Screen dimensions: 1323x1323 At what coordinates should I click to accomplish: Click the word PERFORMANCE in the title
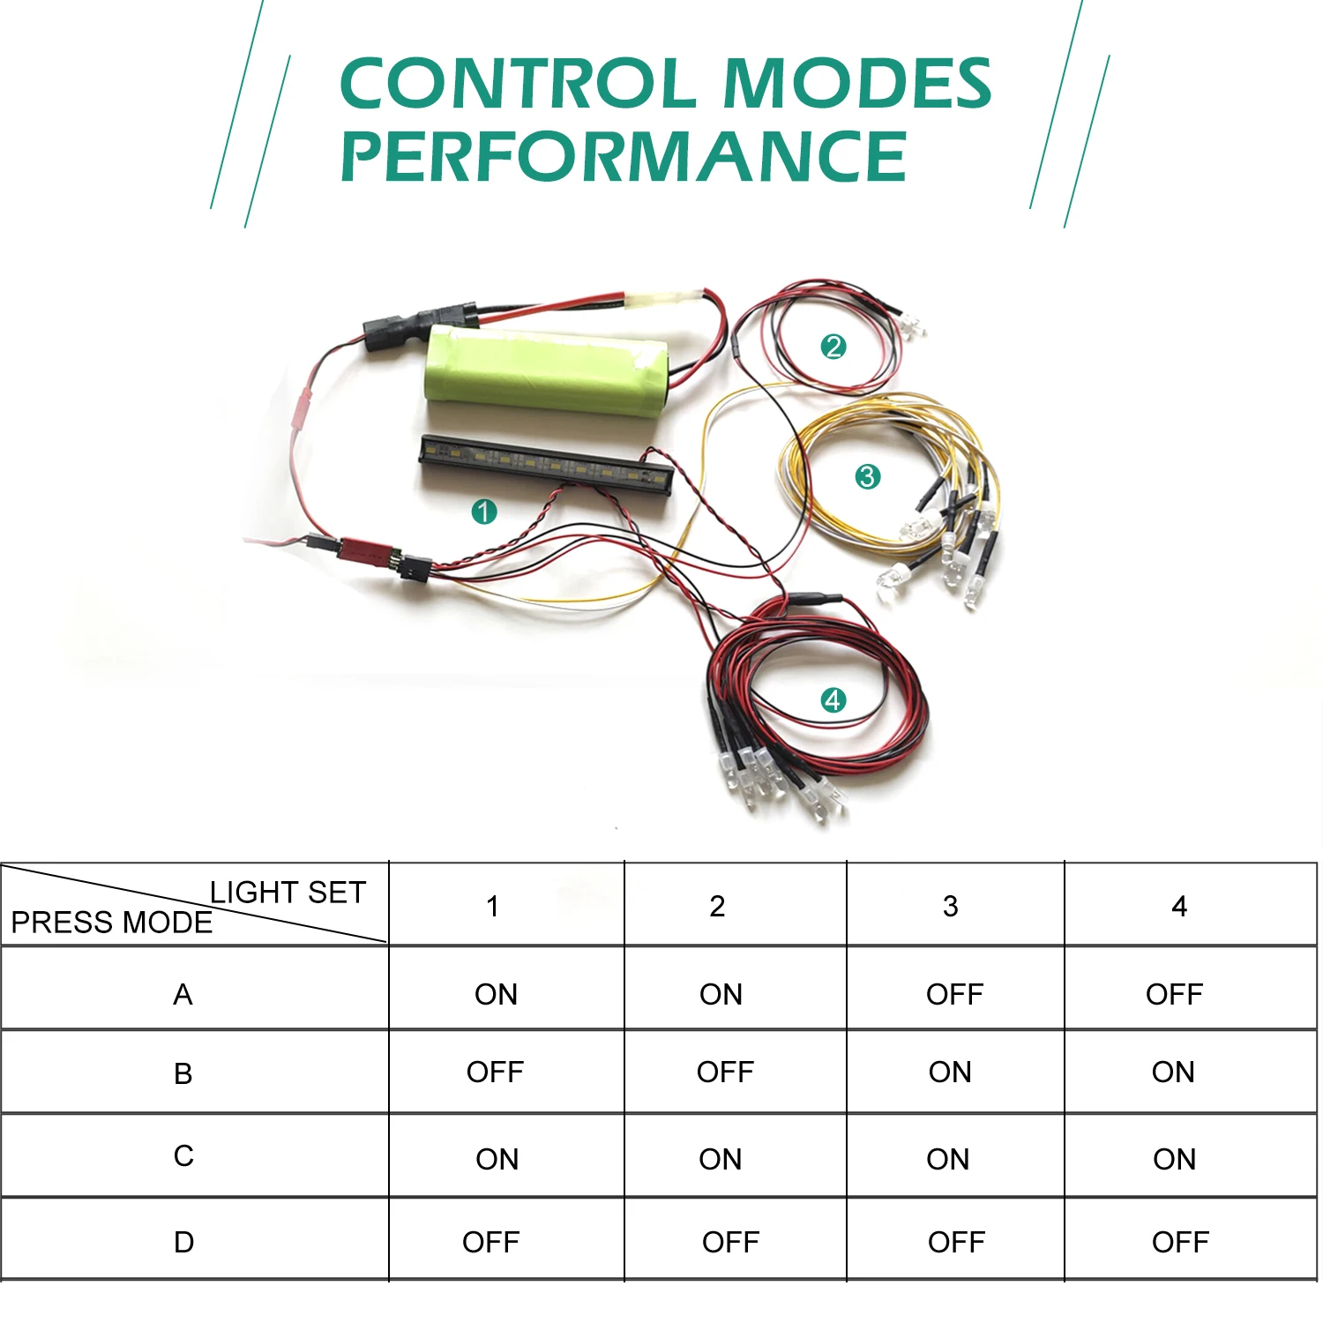click(624, 156)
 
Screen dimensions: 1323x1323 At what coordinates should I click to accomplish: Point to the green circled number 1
click(484, 512)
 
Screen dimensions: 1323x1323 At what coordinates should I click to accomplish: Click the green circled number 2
click(833, 347)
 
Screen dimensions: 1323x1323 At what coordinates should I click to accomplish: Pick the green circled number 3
click(868, 477)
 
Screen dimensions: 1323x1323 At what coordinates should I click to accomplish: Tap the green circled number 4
click(833, 700)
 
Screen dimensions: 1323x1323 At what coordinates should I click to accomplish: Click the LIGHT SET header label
click(288, 892)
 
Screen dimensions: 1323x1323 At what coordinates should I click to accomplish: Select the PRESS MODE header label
click(111, 923)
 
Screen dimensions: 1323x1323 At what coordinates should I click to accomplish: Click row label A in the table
click(183, 995)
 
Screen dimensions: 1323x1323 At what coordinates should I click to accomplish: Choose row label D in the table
click(183, 1242)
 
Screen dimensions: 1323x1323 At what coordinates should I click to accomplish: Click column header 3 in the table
click(950, 906)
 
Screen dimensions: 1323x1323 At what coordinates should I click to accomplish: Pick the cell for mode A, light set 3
click(954, 995)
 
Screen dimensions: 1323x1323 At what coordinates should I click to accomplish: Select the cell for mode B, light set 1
click(495, 1073)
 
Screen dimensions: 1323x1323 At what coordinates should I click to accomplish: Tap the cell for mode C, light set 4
click(1174, 1159)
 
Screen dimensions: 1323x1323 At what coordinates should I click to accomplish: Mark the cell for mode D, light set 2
click(730, 1242)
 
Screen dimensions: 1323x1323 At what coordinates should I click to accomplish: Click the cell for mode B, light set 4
click(1173, 1073)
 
